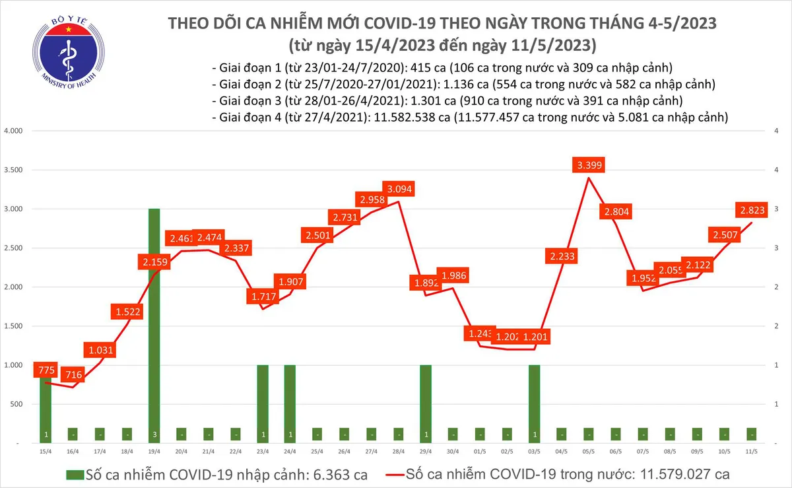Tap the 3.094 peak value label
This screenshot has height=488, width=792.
pyautogui.click(x=400, y=190)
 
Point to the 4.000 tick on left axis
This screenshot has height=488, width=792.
pyautogui.click(x=13, y=131)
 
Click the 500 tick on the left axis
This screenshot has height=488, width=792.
pyautogui.click(x=16, y=404)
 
